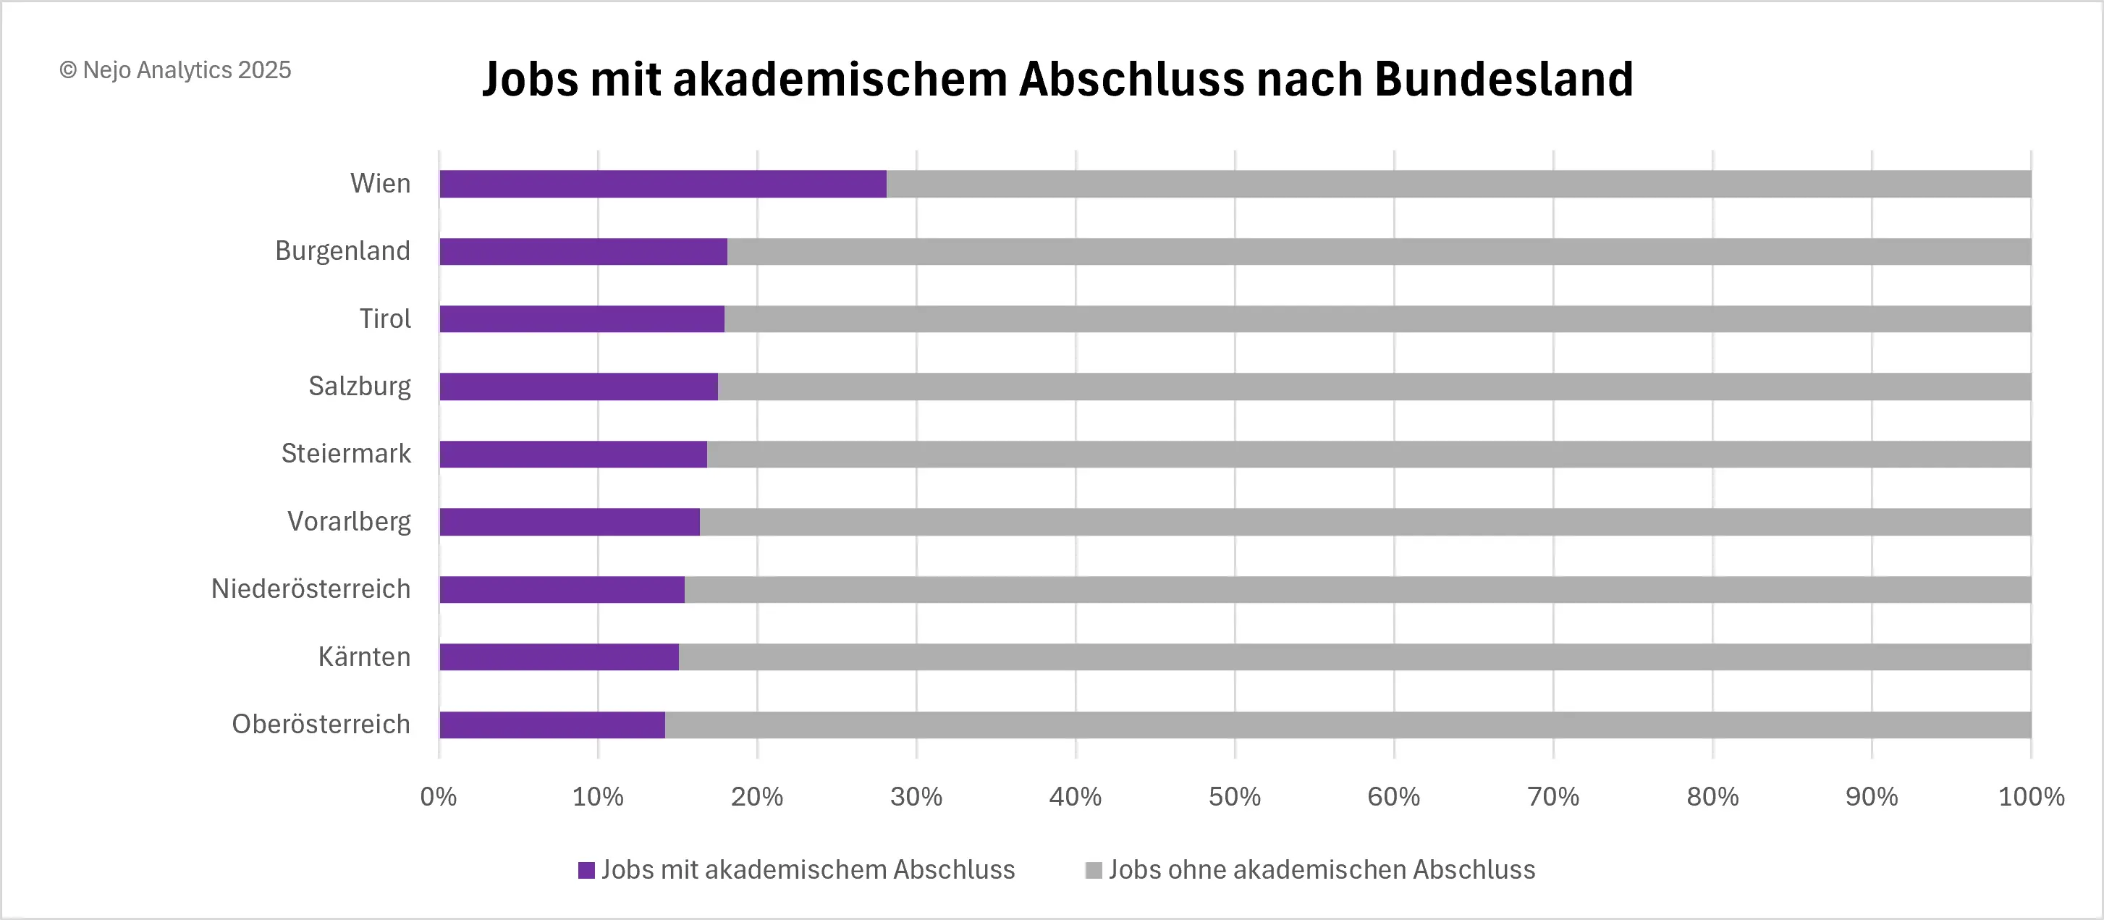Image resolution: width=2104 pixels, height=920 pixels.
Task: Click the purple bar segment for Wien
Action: click(662, 184)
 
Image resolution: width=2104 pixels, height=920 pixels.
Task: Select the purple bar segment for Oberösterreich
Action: click(552, 725)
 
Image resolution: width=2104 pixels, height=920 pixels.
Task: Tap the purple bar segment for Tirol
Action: click(581, 318)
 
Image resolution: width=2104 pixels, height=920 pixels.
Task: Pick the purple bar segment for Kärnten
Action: click(559, 657)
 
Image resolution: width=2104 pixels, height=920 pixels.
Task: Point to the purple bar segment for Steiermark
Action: click(573, 455)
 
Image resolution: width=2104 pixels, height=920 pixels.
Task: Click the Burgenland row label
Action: click(342, 251)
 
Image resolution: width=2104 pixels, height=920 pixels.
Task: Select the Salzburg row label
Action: click(360, 386)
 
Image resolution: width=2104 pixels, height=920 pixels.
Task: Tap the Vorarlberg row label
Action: click(349, 521)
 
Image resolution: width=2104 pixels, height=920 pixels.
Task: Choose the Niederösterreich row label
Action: click(310, 589)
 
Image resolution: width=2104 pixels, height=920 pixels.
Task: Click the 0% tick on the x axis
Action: click(439, 797)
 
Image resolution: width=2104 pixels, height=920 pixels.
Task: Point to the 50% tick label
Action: click(1234, 797)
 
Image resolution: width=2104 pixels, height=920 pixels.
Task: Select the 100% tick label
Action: click(2030, 797)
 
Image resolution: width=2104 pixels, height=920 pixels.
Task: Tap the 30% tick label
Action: click(916, 797)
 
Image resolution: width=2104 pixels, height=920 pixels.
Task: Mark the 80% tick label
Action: click(1712, 797)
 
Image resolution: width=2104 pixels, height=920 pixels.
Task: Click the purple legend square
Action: click(586, 870)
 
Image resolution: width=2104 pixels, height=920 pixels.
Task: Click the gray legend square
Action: click(1093, 870)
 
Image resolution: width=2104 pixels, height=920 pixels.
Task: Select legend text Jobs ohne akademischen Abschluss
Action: click(1322, 869)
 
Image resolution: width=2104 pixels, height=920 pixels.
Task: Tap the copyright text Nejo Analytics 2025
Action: click(176, 70)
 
